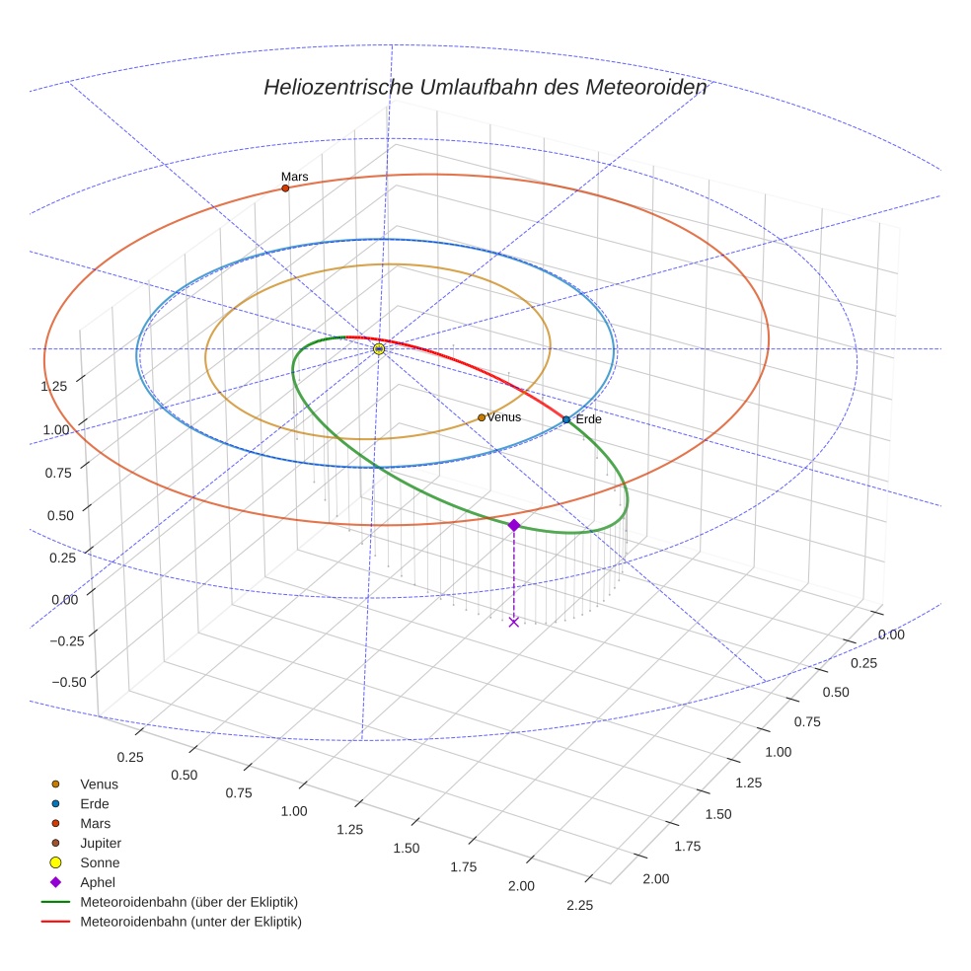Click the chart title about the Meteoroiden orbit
pos(485,87)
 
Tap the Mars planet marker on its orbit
pos(285,187)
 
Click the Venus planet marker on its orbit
pos(482,417)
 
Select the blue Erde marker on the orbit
pos(566,420)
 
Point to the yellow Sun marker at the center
pos(379,349)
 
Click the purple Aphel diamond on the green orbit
pos(514,525)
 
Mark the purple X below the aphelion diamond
pos(514,622)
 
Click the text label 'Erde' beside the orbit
pos(589,420)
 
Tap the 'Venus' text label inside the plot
pos(504,417)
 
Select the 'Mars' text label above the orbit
pos(294,177)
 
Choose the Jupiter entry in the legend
pos(100,843)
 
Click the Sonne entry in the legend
pos(100,862)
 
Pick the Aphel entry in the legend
pos(97,882)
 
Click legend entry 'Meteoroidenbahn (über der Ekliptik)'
pos(188,902)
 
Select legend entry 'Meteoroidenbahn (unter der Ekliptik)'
pos(190,922)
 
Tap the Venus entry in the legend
pos(99,784)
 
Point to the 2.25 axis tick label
pos(580,906)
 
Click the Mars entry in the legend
pos(95,823)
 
